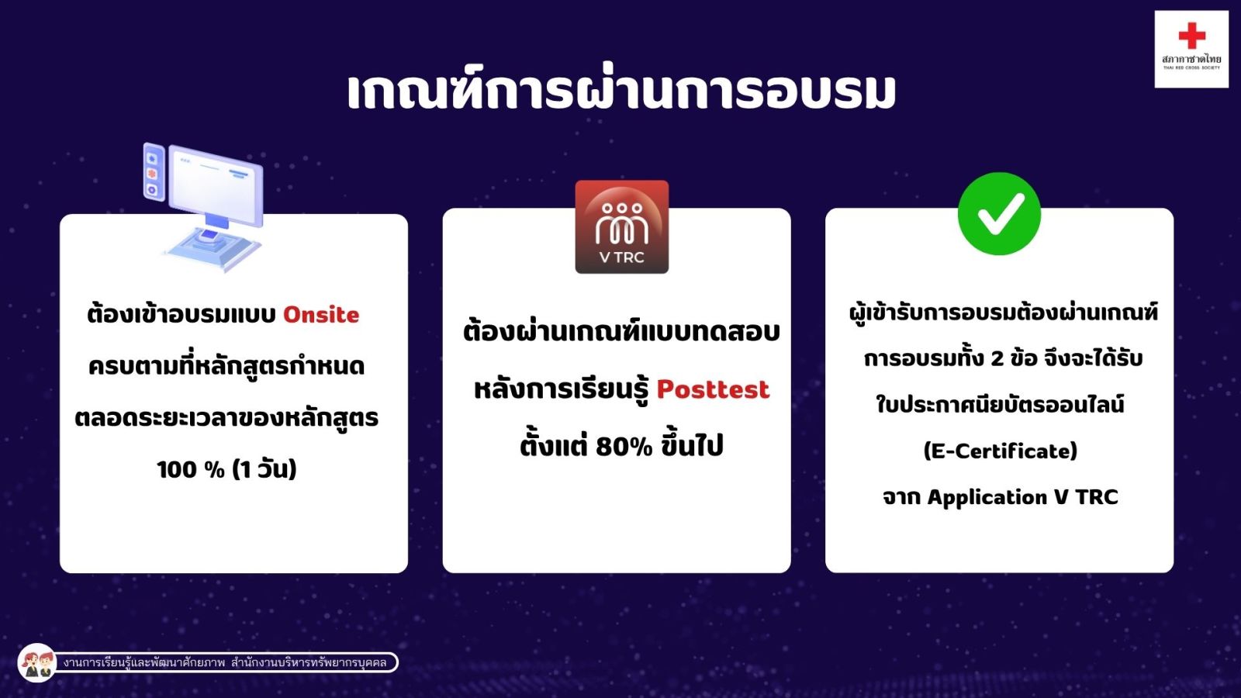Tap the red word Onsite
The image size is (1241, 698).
321,315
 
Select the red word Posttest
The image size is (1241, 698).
713,389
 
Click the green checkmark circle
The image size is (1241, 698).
999,213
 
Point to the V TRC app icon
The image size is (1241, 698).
621,226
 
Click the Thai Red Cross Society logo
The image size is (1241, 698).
1191,50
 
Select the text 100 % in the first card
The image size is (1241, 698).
191,470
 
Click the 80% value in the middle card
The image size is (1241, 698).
624,447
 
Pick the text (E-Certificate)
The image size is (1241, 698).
1000,451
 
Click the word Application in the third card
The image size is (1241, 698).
987,497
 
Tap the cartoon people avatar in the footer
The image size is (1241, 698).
37,662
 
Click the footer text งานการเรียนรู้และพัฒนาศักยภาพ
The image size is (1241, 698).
144,662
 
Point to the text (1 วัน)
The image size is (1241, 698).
264,470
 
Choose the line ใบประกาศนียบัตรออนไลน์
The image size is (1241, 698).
1000,404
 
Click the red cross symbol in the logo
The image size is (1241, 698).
1191,36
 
